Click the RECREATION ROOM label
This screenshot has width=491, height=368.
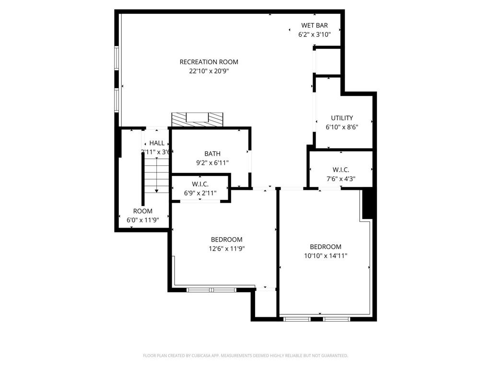[x=209, y=62]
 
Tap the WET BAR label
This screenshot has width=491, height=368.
[x=315, y=25]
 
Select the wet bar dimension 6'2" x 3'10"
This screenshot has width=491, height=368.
[x=315, y=34]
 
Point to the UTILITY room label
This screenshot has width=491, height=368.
[x=342, y=118]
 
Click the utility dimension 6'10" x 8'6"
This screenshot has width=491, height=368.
[x=342, y=127]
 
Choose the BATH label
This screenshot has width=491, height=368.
[x=212, y=154]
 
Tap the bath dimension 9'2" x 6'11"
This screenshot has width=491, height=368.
[x=212, y=163]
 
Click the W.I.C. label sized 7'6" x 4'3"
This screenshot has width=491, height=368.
[x=340, y=170]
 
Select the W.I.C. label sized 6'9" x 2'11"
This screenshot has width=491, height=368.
[x=200, y=184]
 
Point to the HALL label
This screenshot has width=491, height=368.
[x=157, y=143]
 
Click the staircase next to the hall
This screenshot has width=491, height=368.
[x=156, y=175]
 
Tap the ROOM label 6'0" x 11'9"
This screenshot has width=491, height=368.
[x=142, y=211]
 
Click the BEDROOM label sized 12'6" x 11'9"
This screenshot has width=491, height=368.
[x=226, y=240]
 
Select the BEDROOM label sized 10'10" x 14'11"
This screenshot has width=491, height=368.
[x=326, y=247]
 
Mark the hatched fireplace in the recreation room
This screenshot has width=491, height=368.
[x=197, y=119]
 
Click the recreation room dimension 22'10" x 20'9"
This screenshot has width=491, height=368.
[x=209, y=71]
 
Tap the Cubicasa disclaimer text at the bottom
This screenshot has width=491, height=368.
[x=245, y=356]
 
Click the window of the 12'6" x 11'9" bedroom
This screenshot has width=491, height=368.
[x=211, y=289]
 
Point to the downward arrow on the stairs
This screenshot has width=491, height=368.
[x=156, y=190]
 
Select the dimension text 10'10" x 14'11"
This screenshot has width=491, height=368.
[x=326, y=256]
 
